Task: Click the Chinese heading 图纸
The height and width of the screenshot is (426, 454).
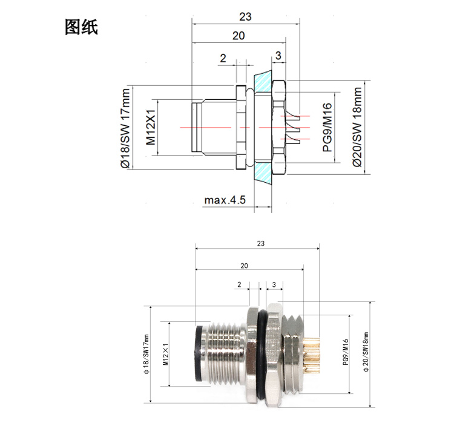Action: (x=81, y=27)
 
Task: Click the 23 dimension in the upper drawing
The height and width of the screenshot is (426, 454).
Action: (x=245, y=17)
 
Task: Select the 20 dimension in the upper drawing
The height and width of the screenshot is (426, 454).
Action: (x=239, y=36)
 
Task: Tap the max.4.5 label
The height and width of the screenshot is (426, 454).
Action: (x=225, y=200)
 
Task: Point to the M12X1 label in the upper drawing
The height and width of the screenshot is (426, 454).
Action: (x=151, y=127)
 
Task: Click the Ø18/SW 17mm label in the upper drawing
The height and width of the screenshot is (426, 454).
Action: (x=125, y=128)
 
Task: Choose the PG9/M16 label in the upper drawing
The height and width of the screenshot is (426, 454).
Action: (x=327, y=127)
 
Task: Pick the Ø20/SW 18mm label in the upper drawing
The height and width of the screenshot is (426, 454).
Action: (x=357, y=127)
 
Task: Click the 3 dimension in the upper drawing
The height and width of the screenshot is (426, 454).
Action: (x=278, y=55)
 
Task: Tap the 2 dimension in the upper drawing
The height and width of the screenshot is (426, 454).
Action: (x=223, y=58)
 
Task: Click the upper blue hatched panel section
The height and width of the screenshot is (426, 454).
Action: (x=263, y=81)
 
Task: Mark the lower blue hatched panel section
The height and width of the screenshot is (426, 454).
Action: (x=263, y=173)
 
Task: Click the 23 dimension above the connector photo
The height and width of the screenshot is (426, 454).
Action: (x=260, y=243)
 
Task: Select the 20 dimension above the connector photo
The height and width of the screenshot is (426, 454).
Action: (x=244, y=266)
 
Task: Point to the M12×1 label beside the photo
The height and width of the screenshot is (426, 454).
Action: (x=165, y=354)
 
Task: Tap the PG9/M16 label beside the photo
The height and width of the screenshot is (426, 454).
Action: (x=346, y=352)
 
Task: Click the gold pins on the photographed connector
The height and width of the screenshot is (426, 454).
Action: (x=311, y=355)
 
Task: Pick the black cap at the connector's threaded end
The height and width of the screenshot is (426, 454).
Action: (x=199, y=353)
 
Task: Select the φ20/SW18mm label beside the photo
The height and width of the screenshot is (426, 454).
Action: (x=366, y=352)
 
